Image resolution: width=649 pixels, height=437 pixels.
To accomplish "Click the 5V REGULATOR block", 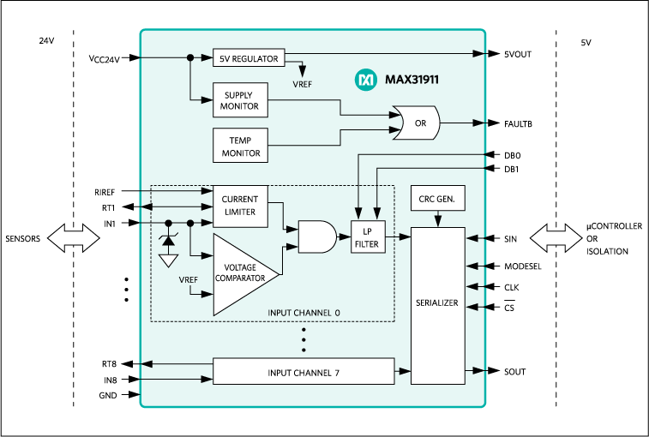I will point(249,59).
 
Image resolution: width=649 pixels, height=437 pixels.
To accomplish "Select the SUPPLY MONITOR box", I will point(240,99).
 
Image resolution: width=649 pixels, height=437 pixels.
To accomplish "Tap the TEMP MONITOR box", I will point(240,146).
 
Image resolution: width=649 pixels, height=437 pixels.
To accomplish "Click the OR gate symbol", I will point(416,123).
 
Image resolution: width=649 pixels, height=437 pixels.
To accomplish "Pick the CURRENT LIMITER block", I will point(239,206).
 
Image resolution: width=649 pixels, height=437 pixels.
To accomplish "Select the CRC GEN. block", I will point(438,199).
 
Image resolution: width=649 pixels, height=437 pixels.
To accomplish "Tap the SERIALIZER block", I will point(438,303).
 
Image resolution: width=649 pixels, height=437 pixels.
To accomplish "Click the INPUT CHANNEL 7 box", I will point(304,372).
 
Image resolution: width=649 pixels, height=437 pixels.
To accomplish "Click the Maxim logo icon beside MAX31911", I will point(364,80).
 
